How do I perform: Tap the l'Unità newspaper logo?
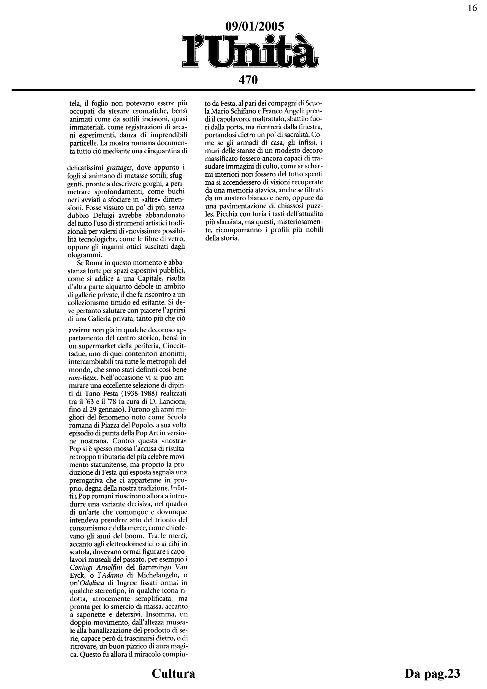[x=251, y=51]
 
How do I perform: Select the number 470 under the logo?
[x=248, y=80]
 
